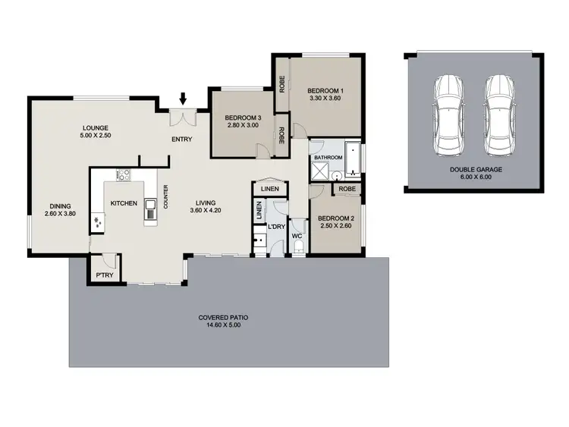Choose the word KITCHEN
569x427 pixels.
click(123, 203)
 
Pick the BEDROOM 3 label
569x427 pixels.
click(243, 118)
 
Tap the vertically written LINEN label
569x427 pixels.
click(259, 210)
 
